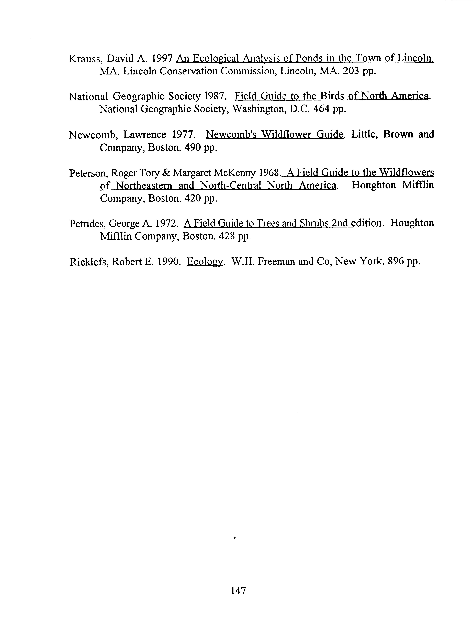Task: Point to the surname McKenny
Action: point(235,173)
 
